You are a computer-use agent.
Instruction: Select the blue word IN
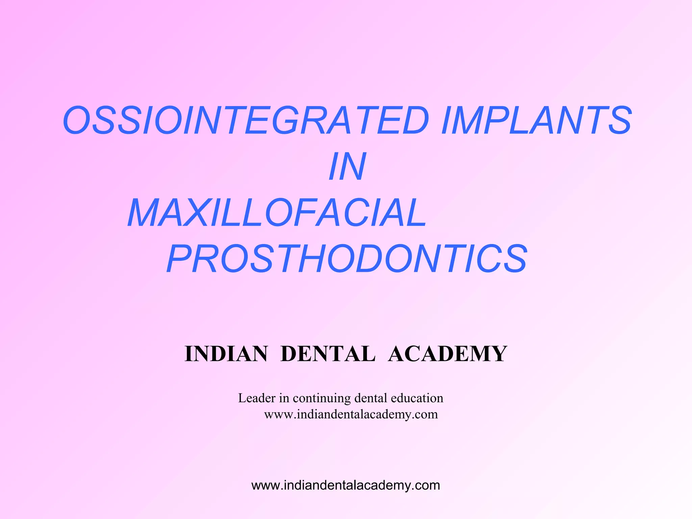pyautogui.click(x=347, y=167)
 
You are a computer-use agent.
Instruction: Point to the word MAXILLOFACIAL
pyautogui.click(x=277, y=213)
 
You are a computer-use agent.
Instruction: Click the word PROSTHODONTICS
pyautogui.click(x=347, y=259)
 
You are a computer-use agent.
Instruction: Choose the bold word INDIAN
pyautogui.click(x=226, y=354)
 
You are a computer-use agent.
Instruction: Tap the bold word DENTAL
pyautogui.click(x=328, y=354)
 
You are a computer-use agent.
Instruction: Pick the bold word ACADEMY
pyautogui.click(x=447, y=354)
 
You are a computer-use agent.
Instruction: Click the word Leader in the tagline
pyautogui.click(x=257, y=398)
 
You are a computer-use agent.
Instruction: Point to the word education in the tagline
pyautogui.click(x=417, y=398)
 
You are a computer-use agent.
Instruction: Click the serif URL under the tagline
pyautogui.click(x=351, y=414)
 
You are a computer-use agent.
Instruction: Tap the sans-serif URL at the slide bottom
pyautogui.click(x=346, y=485)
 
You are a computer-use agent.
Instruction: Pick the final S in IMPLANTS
pyautogui.click(x=619, y=120)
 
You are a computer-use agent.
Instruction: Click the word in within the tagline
pyautogui.click(x=284, y=398)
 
